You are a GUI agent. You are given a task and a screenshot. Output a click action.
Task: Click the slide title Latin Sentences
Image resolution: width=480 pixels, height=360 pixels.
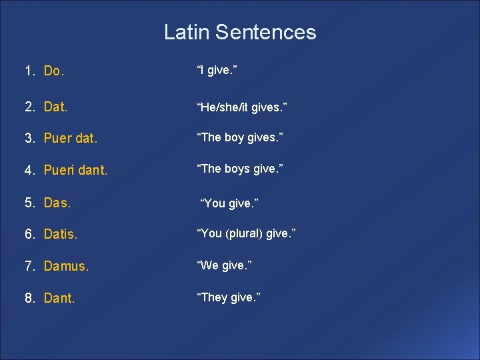pyautogui.click(x=240, y=32)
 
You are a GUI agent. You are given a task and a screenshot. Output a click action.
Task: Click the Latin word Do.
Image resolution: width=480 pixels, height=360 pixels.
pyautogui.click(x=53, y=71)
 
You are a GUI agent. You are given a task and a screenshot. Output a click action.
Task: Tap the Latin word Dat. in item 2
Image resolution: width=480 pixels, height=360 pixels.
pyautogui.click(x=56, y=106)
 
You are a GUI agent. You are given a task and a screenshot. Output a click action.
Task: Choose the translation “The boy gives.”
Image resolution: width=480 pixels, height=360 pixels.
pyautogui.click(x=239, y=137)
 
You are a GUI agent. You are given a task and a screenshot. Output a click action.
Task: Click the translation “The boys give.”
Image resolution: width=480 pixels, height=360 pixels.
pyautogui.click(x=239, y=168)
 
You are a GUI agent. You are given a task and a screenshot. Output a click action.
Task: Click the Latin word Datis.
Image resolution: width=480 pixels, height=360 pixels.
pyautogui.click(x=61, y=235)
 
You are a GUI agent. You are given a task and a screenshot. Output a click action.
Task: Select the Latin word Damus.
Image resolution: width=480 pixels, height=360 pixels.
pyautogui.click(x=66, y=267)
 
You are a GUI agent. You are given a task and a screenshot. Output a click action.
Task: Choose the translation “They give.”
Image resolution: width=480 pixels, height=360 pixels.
pyautogui.click(x=228, y=297)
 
